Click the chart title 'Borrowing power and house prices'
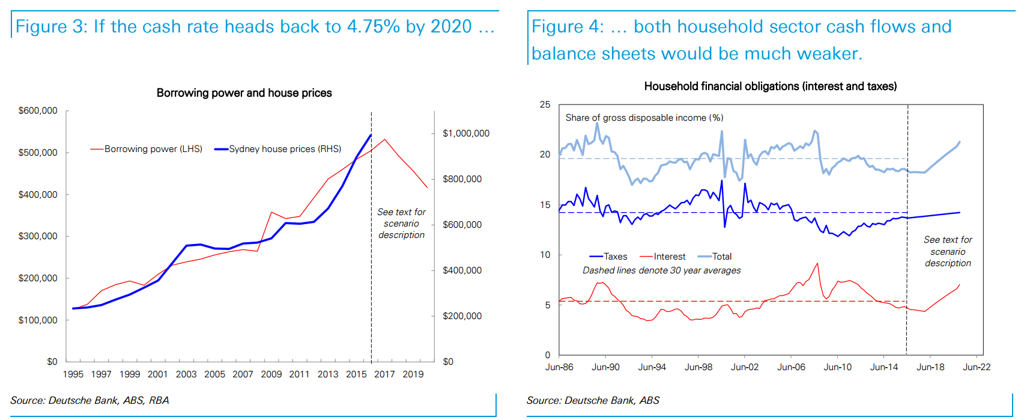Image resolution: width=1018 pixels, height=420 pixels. point(244,93)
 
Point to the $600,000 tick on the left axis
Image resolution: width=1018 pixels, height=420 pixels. point(38,111)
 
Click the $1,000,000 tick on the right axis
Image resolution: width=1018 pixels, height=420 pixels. point(465,133)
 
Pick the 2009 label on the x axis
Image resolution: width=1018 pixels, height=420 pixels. point(271,374)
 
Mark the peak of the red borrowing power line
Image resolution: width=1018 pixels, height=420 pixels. point(384,139)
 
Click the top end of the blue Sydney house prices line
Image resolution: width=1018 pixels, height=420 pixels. point(371,135)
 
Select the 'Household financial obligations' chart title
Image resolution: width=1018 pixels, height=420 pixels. point(770,86)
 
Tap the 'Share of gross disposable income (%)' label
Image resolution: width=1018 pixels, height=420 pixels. point(644,118)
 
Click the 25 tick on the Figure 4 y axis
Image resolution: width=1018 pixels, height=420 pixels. point(545,105)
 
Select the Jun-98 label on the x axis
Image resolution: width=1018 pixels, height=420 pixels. point(698,367)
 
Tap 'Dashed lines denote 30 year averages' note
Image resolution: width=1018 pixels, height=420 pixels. point(661,270)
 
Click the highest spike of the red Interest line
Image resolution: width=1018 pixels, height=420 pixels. point(817,263)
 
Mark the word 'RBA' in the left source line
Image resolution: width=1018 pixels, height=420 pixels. point(159,400)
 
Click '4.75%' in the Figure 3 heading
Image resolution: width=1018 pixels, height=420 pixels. point(373,26)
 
